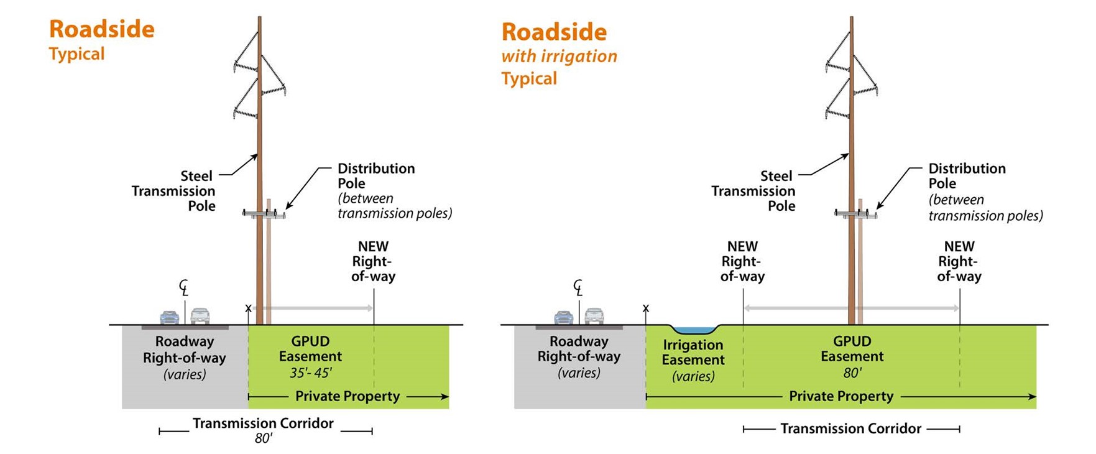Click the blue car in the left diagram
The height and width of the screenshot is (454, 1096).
pyautogui.click(x=170, y=317)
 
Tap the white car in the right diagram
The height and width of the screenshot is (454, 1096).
pyautogui.click(x=594, y=316)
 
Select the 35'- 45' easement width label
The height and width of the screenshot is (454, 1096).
pyautogui.click(x=311, y=373)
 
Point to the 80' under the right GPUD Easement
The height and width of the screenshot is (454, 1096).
pyautogui.click(x=852, y=373)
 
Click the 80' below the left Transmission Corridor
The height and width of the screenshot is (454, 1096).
pyautogui.click(x=264, y=438)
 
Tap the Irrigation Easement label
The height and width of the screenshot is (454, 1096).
pyautogui.click(x=693, y=353)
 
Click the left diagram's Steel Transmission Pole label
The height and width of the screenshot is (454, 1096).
pyautogui.click(x=174, y=191)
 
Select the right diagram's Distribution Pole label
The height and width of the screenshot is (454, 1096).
pyautogui.click(x=967, y=176)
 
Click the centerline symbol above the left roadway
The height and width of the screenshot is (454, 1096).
pyautogui.click(x=184, y=288)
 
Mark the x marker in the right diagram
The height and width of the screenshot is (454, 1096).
pyautogui.click(x=646, y=308)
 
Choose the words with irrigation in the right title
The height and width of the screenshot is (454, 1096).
pyautogui.click(x=559, y=56)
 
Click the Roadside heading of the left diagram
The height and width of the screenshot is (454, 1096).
pyautogui.click(x=102, y=29)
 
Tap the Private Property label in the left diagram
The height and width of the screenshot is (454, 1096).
pyautogui.click(x=348, y=396)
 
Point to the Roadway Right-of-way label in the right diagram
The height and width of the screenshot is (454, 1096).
pyautogui.click(x=579, y=349)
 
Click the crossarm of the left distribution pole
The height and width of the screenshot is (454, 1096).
pyautogui.click(x=264, y=215)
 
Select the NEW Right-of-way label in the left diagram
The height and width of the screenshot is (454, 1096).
pyautogui.click(x=373, y=262)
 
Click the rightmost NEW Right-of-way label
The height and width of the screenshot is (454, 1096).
pyautogui.click(x=959, y=262)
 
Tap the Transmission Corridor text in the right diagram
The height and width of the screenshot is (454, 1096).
pyautogui.click(x=851, y=429)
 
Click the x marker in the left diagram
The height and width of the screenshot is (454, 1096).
pyautogui.click(x=249, y=308)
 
